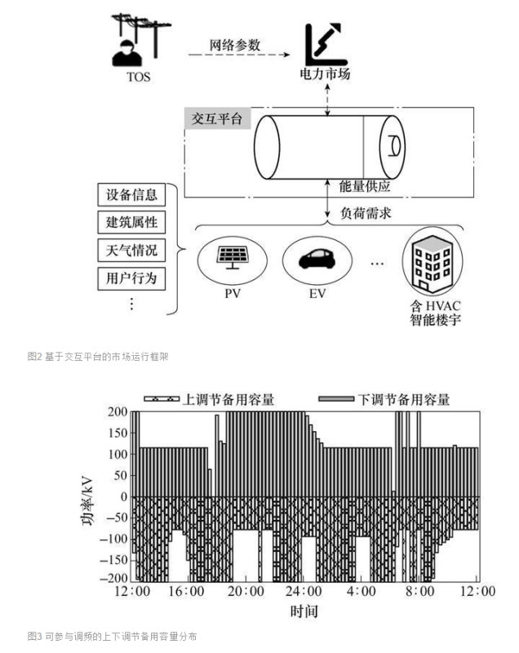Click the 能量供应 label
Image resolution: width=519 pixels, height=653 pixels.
coord(365,186)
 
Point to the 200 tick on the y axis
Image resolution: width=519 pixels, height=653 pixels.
coord(118,411)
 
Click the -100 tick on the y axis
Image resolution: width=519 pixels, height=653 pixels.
coord(114,539)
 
